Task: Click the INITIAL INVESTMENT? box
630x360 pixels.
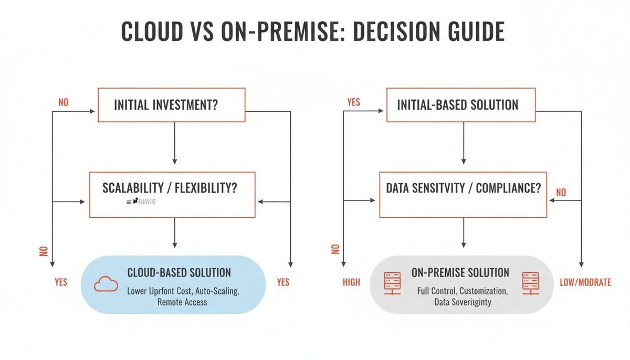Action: click(x=172, y=105)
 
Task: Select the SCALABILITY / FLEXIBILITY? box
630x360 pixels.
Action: click(x=172, y=194)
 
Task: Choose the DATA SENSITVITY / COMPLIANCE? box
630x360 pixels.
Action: click(x=463, y=194)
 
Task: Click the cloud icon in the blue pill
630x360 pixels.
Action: click(x=107, y=284)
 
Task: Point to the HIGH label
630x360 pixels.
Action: click(x=351, y=282)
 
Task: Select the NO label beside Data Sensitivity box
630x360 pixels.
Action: click(x=561, y=193)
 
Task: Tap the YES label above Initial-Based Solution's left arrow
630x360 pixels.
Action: click(x=354, y=102)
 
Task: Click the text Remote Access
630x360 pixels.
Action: click(x=182, y=302)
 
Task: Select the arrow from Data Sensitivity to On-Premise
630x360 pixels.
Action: click(x=463, y=232)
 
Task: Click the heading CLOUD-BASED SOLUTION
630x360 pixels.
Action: click(x=179, y=272)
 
